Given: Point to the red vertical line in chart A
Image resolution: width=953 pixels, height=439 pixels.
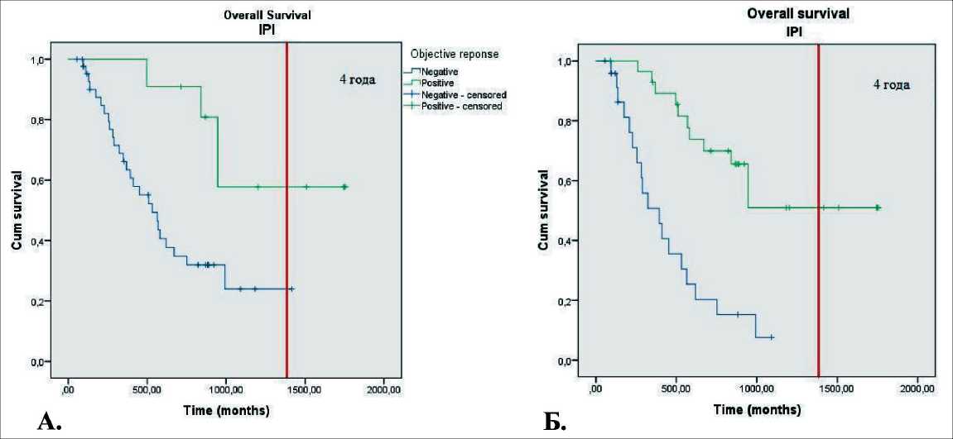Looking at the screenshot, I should [x=286, y=207].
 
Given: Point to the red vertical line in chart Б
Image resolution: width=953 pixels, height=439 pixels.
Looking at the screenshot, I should [x=818, y=207].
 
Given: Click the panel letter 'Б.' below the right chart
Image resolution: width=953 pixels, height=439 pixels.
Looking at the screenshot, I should [x=555, y=423].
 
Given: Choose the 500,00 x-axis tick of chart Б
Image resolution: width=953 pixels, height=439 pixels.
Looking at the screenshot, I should [x=676, y=389].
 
